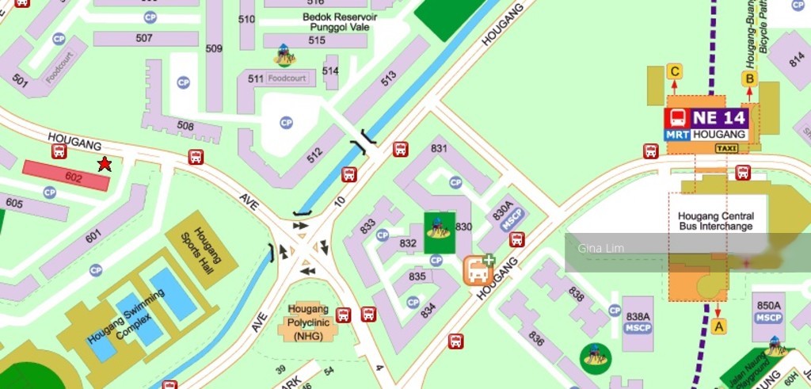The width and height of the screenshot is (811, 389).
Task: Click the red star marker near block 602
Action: tap(104, 164)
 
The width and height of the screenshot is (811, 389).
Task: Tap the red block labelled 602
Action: tap(67, 176)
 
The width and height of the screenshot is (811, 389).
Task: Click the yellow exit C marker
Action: tap(675, 72)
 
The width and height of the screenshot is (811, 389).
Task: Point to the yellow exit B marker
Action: tap(748, 78)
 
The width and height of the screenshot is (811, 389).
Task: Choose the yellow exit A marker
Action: tap(718, 326)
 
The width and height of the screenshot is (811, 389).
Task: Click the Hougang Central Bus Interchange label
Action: tap(716, 221)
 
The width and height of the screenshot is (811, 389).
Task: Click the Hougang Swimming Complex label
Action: tap(126, 315)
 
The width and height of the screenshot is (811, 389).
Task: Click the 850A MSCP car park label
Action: tap(768, 311)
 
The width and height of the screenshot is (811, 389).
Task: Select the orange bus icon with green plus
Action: tap(478, 270)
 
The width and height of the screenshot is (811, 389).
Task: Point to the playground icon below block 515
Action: tap(284, 55)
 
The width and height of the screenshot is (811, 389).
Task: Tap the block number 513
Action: tap(388, 78)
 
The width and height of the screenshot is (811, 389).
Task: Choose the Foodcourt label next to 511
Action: tap(286, 78)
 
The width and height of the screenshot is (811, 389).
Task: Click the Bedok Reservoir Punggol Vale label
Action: tap(339, 22)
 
